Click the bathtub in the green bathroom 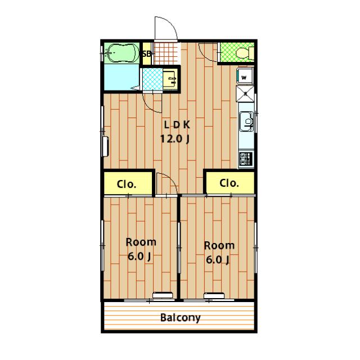click(x=121, y=53)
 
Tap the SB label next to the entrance click(x=146, y=54)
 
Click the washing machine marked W click(x=245, y=75)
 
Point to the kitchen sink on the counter click(x=246, y=121)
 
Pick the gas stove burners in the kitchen click(x=246, y=159)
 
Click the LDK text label click(x=177, y=125)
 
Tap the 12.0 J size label click(x=175, y=139)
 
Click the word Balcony click(x=181, y=317)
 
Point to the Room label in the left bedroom click(x=141, y=242)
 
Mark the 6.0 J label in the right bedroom click(x=218, y=260)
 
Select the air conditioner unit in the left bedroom click(x=163, y=295)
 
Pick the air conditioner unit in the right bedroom click(x=214, y=295)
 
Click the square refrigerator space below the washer click(x=245, y=94)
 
